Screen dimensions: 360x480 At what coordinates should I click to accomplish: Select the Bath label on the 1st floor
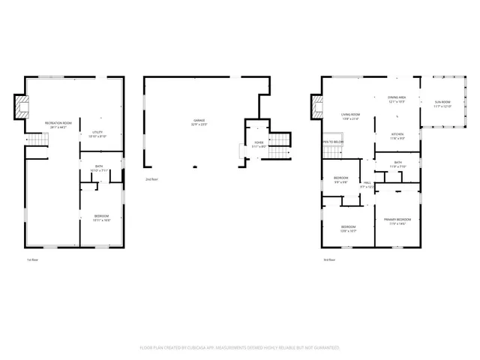pos(99,169)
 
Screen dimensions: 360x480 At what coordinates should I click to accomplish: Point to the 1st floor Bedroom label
pos(102,218)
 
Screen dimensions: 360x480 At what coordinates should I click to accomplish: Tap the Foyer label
pos(259,144)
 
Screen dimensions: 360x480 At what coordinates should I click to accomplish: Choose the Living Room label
pos(351,116)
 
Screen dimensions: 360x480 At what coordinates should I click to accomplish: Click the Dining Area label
pos(397,99)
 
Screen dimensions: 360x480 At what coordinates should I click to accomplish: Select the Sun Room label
pos(442,104)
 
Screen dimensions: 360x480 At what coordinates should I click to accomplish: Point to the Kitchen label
pos(397,136)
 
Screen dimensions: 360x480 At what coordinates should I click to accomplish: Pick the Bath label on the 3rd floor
pos(398,164)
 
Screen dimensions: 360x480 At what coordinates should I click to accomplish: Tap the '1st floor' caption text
pos(32,259)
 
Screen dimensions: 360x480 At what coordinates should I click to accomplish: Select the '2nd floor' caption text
pos(152,180)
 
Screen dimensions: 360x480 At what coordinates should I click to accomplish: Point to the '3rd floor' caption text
pos(329,259)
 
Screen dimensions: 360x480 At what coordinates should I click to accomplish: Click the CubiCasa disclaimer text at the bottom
pos(240,348)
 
